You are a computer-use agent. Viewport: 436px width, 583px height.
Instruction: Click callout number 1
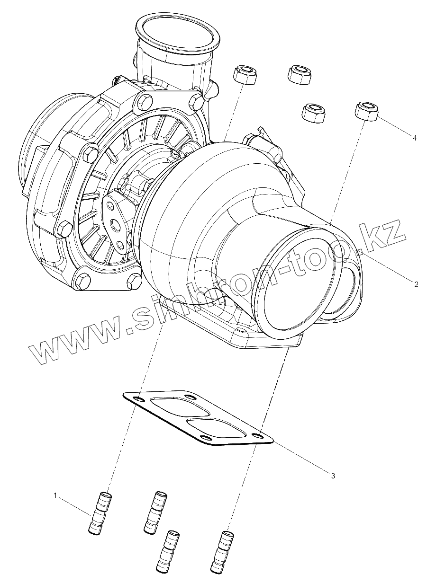point(55,495)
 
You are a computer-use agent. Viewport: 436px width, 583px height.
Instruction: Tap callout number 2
point(416,284)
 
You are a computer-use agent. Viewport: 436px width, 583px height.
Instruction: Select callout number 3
point(333,475)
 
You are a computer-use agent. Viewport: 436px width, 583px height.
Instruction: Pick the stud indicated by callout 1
point(100,513)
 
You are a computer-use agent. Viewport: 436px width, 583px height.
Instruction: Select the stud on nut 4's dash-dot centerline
point(225,551)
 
